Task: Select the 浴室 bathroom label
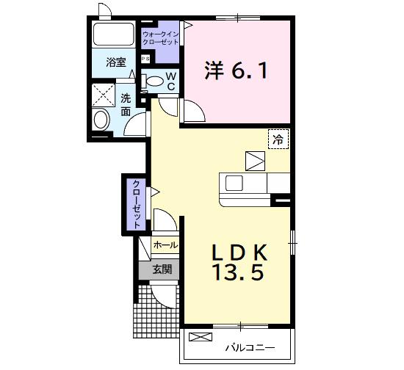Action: (115, 62)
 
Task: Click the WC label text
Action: (170, 81)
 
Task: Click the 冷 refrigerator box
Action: (278, 138)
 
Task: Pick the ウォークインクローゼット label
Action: (161, 38)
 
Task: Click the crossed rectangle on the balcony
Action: (200, 338)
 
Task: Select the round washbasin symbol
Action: (101, 119)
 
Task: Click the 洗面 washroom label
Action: (126, 104)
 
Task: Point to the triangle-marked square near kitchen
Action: (255, 160)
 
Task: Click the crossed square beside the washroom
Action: (101, 95)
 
